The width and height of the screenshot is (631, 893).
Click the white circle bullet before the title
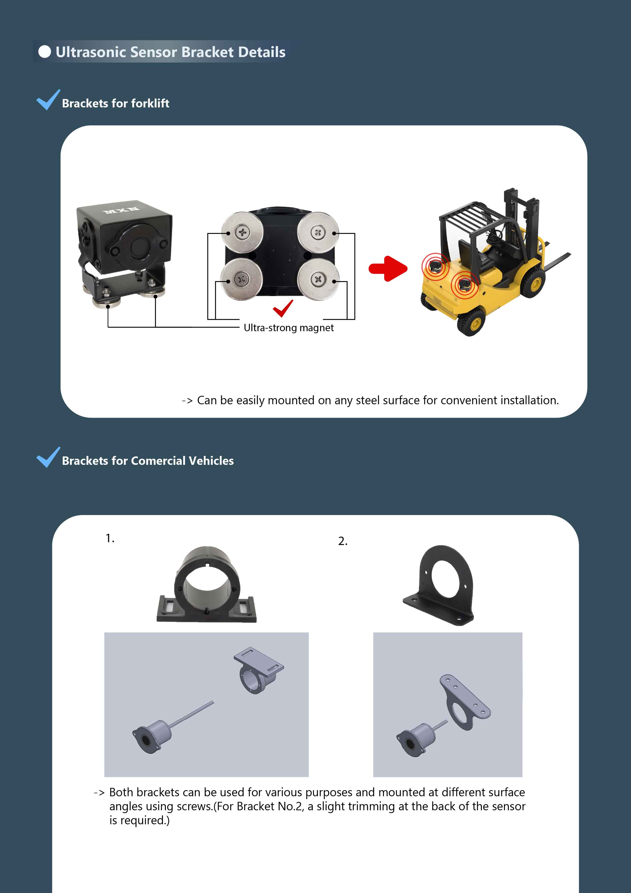pos(45,52)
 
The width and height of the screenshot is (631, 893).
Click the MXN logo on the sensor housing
pos(121,210)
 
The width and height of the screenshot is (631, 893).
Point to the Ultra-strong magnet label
pos(289,328)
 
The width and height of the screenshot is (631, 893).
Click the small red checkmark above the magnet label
pos(283,308)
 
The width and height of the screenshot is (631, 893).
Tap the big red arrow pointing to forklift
pos(388,268)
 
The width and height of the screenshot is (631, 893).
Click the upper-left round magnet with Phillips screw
pos(242,233)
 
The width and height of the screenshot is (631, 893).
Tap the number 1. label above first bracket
pos(110,538)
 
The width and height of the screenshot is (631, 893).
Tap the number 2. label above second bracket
pos(342,541)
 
